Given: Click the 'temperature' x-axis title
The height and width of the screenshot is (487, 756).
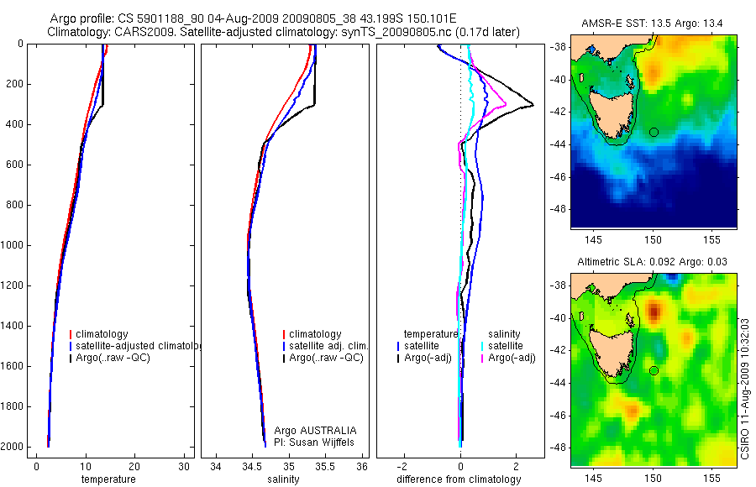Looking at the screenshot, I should [108, 479].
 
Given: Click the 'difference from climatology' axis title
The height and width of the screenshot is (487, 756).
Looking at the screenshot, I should [458, 479].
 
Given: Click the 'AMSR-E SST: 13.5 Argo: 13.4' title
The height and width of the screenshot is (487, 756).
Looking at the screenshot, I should [653, 24].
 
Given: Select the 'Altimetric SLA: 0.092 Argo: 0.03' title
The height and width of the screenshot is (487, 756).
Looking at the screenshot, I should [653, 263].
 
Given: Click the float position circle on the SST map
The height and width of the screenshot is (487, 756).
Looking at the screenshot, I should [654, 132].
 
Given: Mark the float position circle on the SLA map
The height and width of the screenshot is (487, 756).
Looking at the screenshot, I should [654, 370].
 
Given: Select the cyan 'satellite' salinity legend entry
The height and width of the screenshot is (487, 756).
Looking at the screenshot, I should [506, 346].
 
